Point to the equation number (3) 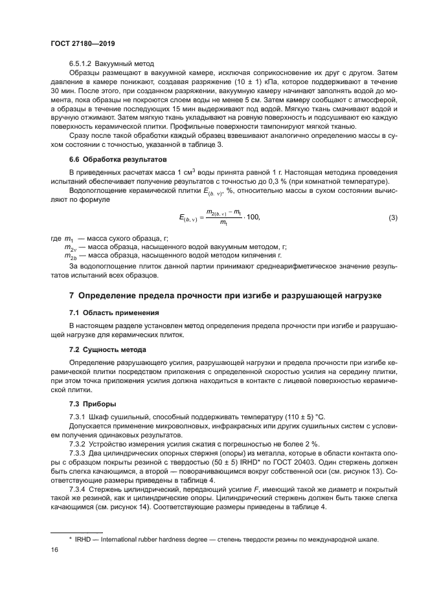(392, 218)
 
